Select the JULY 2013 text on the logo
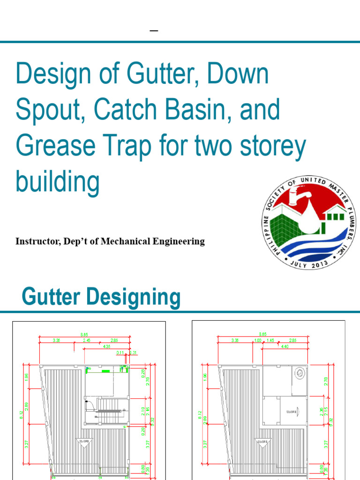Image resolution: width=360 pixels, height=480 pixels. (308, 263)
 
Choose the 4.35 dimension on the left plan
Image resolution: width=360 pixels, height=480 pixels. (106, 347)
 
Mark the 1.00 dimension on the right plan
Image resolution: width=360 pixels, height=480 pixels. (257, 340)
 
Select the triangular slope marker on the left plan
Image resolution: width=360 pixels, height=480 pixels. (85, 442)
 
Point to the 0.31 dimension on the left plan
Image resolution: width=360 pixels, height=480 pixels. (133, 352)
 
